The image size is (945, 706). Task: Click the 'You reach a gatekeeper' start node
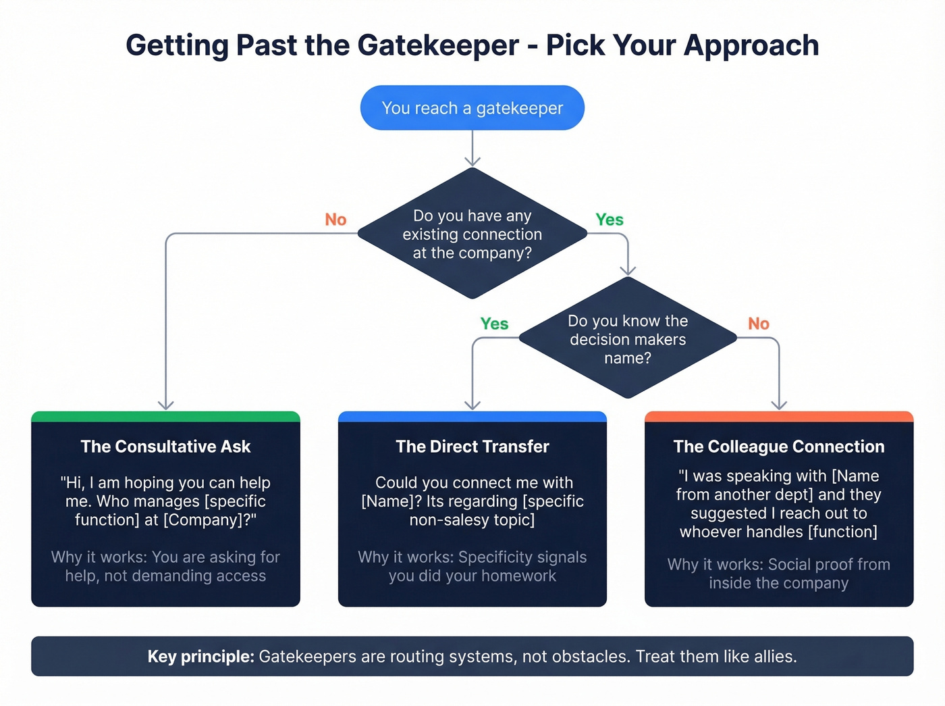472,108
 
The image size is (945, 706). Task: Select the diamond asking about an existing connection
472,234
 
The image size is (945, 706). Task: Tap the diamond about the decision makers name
628,339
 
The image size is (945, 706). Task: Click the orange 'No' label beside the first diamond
335,220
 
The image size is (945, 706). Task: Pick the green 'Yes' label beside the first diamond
609,220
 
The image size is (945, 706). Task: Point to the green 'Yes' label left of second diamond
494,324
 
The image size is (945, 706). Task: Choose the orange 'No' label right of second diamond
758,324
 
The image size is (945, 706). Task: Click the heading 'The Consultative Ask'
165,447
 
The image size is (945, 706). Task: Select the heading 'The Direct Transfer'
472,447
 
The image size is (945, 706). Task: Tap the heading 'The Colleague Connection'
778,447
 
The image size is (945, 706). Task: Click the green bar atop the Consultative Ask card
165,416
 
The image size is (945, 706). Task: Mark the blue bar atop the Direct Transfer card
472,416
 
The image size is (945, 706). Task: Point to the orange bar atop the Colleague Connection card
778,416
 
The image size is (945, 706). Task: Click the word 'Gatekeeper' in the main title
438,45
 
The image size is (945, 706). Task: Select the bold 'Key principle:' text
200,657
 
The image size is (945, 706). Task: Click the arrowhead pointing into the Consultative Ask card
165,405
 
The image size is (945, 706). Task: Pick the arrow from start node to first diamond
472,149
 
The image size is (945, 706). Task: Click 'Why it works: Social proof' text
778,565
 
